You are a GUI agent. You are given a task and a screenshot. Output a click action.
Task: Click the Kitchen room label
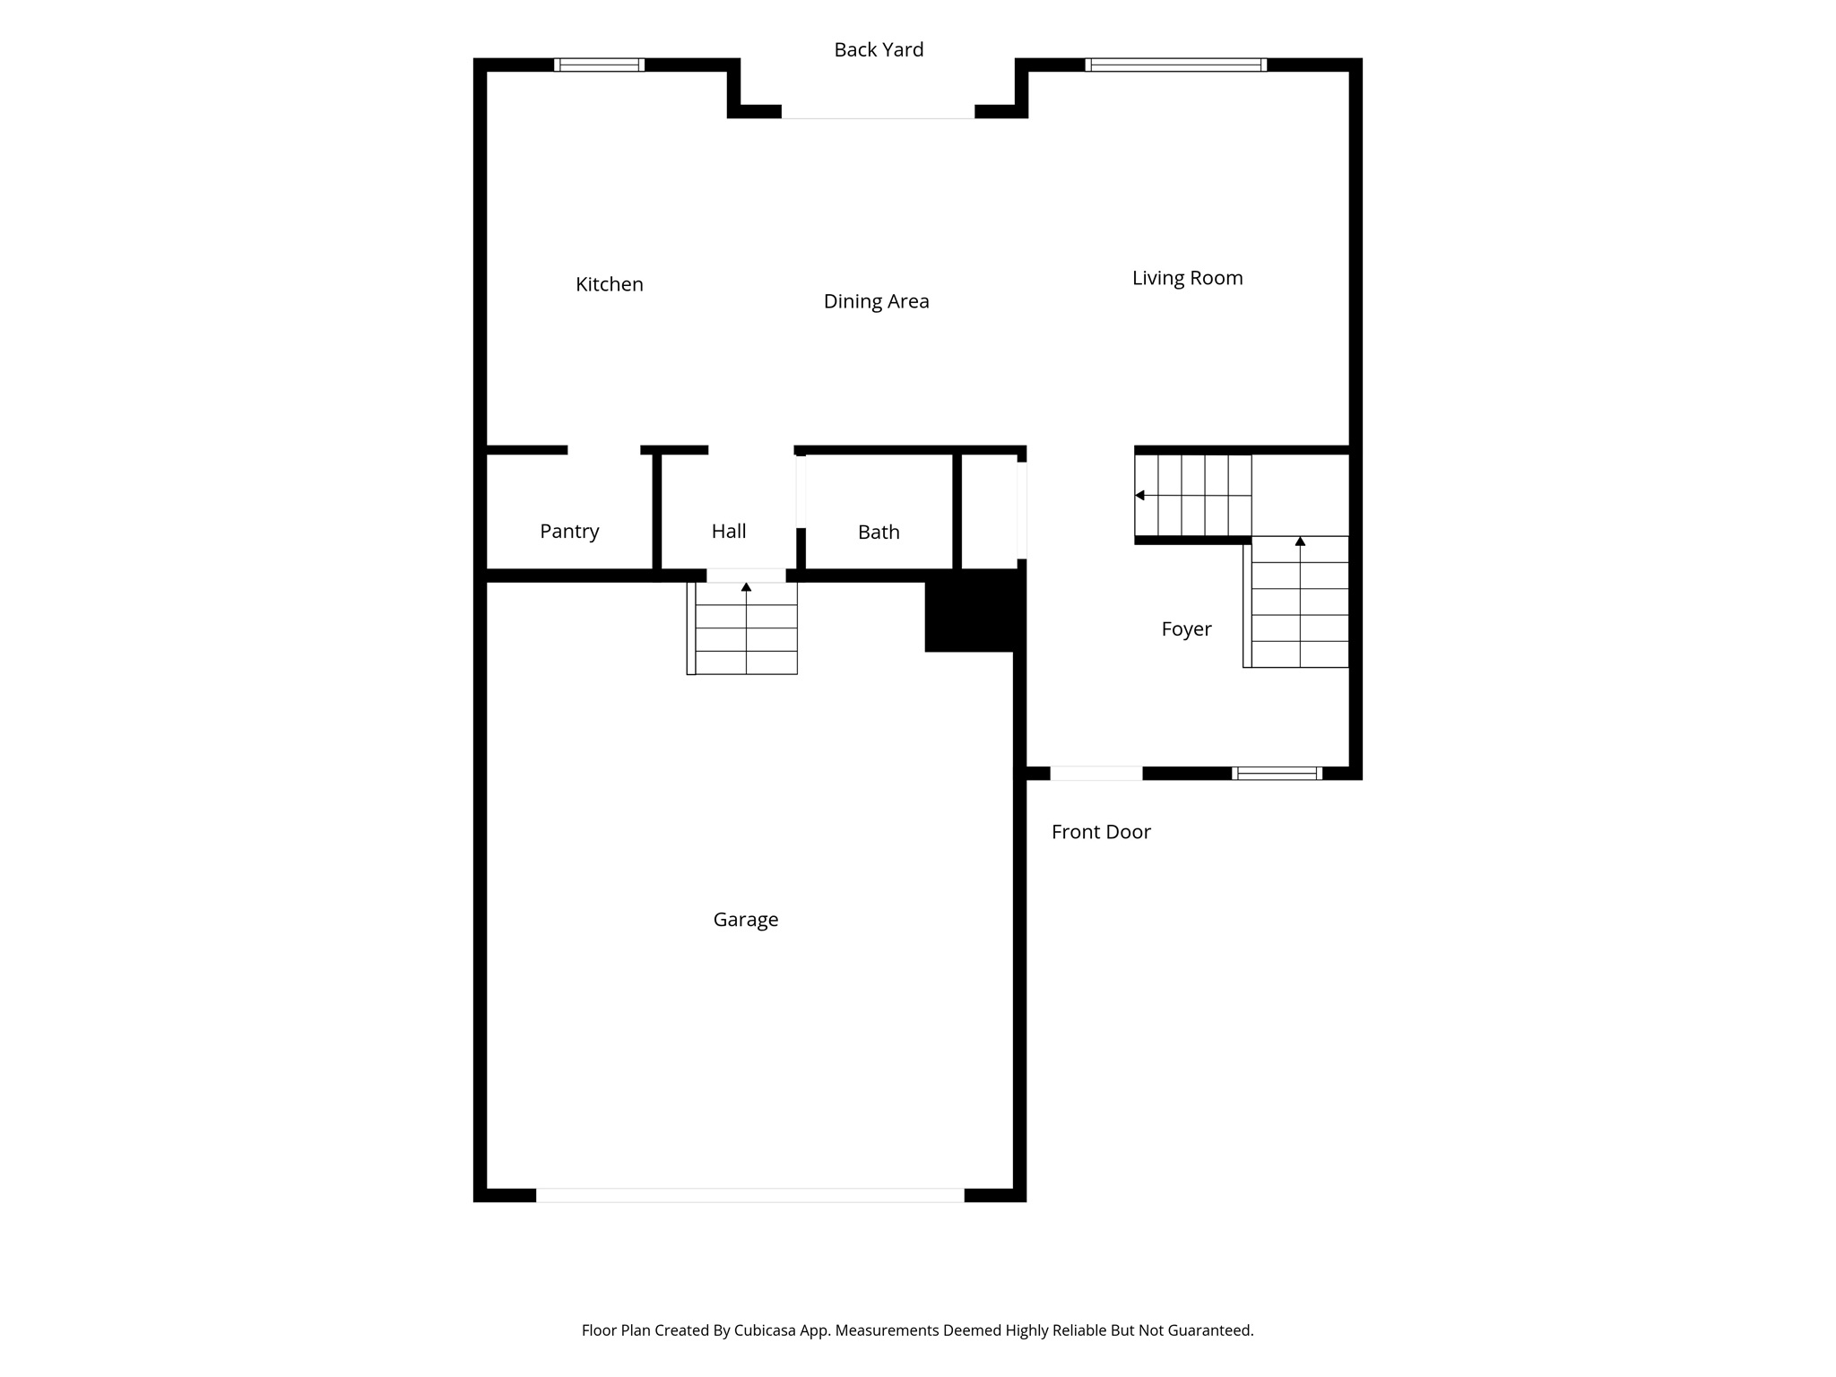609,284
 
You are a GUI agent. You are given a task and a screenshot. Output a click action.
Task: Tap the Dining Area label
876,301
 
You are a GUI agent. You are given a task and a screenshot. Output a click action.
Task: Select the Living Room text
1187,278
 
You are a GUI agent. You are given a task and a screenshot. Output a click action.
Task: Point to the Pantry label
569,531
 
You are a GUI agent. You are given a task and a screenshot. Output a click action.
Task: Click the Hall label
729,531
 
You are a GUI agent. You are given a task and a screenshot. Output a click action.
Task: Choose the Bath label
879,532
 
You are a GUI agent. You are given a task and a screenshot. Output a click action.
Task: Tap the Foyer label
1186,629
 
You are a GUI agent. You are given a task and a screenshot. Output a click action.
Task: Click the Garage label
745,919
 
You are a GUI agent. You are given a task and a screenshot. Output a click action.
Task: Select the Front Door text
1101,832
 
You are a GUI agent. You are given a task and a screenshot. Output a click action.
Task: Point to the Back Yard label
879,49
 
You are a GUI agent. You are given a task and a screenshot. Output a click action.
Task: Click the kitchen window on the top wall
599,65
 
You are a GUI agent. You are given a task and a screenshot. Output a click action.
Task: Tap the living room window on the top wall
1175,65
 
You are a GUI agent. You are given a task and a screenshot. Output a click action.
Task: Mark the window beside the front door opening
1277,773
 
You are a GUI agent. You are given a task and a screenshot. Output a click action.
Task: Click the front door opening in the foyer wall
1096,773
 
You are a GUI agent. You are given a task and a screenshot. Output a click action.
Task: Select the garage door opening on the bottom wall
749,1195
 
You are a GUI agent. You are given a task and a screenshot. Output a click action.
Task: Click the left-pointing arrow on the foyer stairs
1140,495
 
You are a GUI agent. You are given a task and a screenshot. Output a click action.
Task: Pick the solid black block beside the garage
974,614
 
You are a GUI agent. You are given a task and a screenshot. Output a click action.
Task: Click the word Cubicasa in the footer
766,1330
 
